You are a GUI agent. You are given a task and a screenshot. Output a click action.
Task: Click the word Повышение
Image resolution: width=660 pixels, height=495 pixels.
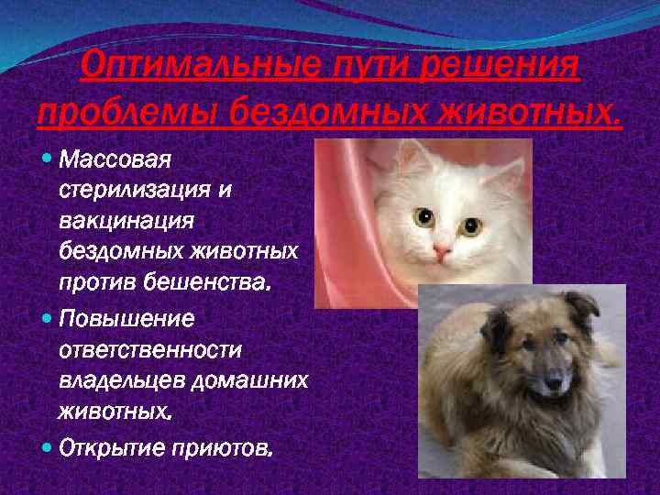(x=126, y=321)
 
